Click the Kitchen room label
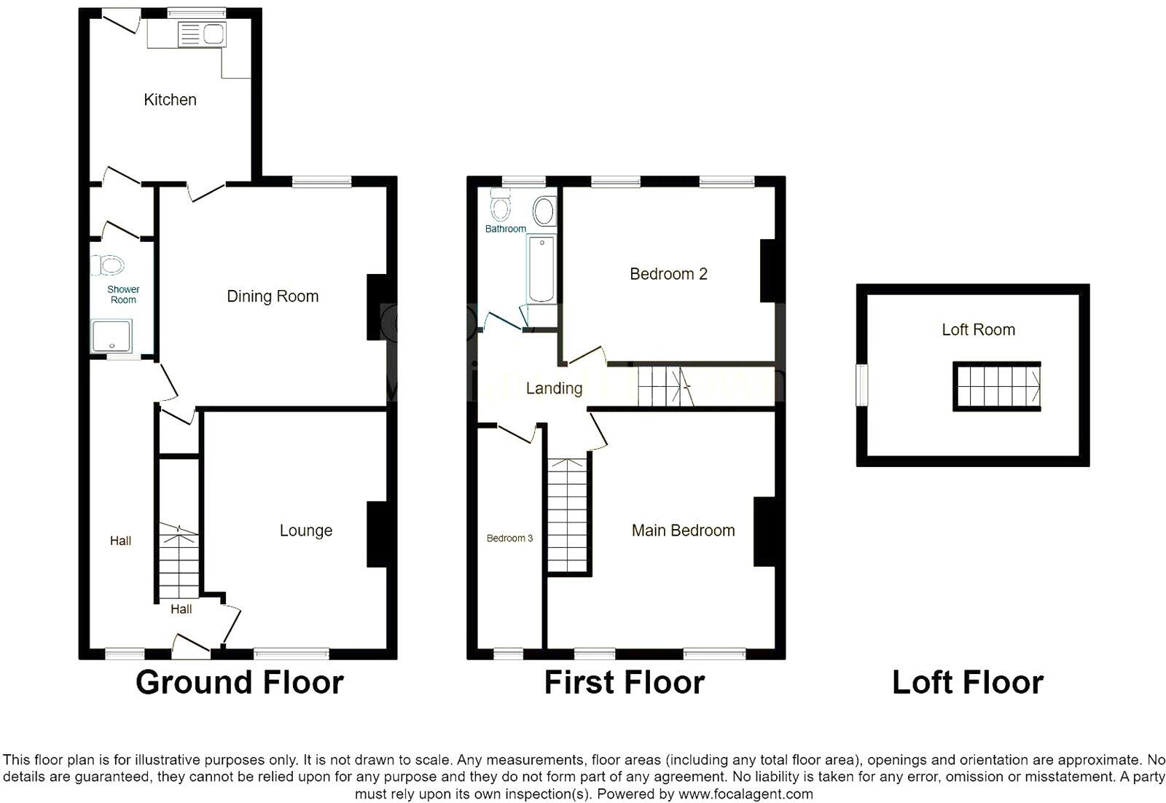pyautogui.click(x=170, y=100)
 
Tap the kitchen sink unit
pyautogui.click(x=202, y=34)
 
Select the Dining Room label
pyautogui.click(x=273, y=297)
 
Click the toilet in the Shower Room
pyautogui.click(x=109, y=265)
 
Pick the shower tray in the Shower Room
pyautogui.click(x=111, y=336)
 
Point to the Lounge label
pyautogui.click(x=306, y=530)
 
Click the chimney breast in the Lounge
pyautogui.click(x=377, y=534)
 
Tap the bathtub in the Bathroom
pyautogui.click(x=541, y=269)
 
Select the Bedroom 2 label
pyautogui.click(x=668, y=274)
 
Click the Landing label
pyautogui.click(x=554, y=388)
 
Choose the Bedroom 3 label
pyautogui.click(x=509, y=538)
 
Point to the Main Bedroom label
pyautogui.click(x=683, y=530)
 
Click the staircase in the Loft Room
pyautogui.click(x=996, y=386)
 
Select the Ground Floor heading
pyautogui.click(x=239, y=683)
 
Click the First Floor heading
pyautogui.click(x=625, y=683)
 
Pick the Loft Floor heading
pyautogui.click(x=967, y=683)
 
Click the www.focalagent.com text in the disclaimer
pyautogui.click(x=745, y=794)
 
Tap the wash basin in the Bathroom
pyautogui.click(x=544, y=212)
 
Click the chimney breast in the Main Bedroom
pyautogui.click(x=764, y=531)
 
